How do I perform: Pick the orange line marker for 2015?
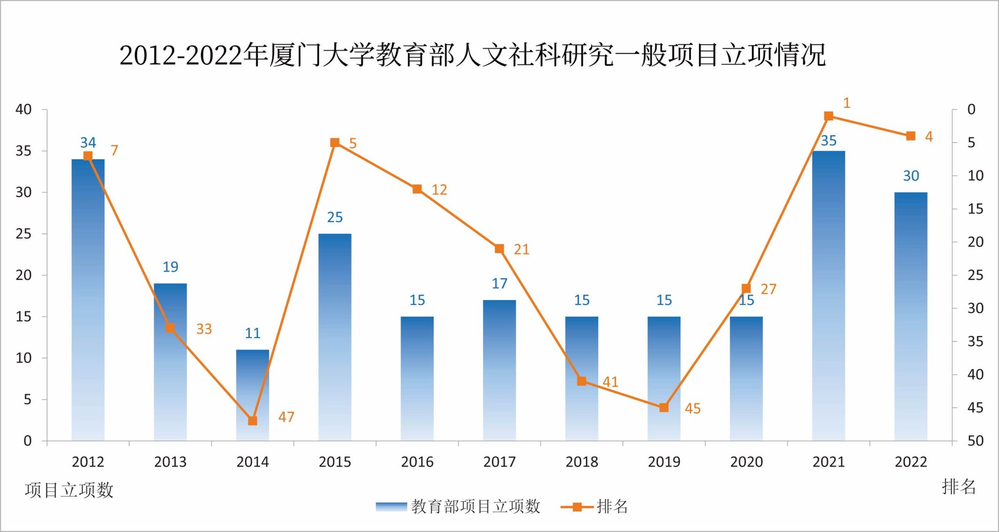pyautogui.click(x=335, y=143)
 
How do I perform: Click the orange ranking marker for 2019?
pyautogui.click(x=664, y=408)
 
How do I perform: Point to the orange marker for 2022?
pyautogui.click(x=911, y=136)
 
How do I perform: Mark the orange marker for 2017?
pyautogui.click(x=499, y=249)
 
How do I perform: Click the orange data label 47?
pyautogui.click(x=286, y=417)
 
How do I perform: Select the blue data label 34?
pyautogui.click(x=88, y=143)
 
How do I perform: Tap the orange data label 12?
pyautogui.click(x=439, y=190)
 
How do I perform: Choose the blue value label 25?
pyautogui.click(x=335, y=217)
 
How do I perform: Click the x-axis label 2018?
pyautogui.click(x=581, y=462)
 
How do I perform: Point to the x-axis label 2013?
pyautogui.click(x=170, y=462)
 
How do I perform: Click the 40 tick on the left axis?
pyautogui.click(x=23, y=110)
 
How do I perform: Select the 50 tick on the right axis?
pyautogui.click(x=976, y=441)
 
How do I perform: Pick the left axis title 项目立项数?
pyautogui.click(x=69, y=490)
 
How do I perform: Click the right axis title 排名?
pyautogui.click(x=959, y=487)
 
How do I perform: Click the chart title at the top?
pyautogui.click(x=472, y=55)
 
